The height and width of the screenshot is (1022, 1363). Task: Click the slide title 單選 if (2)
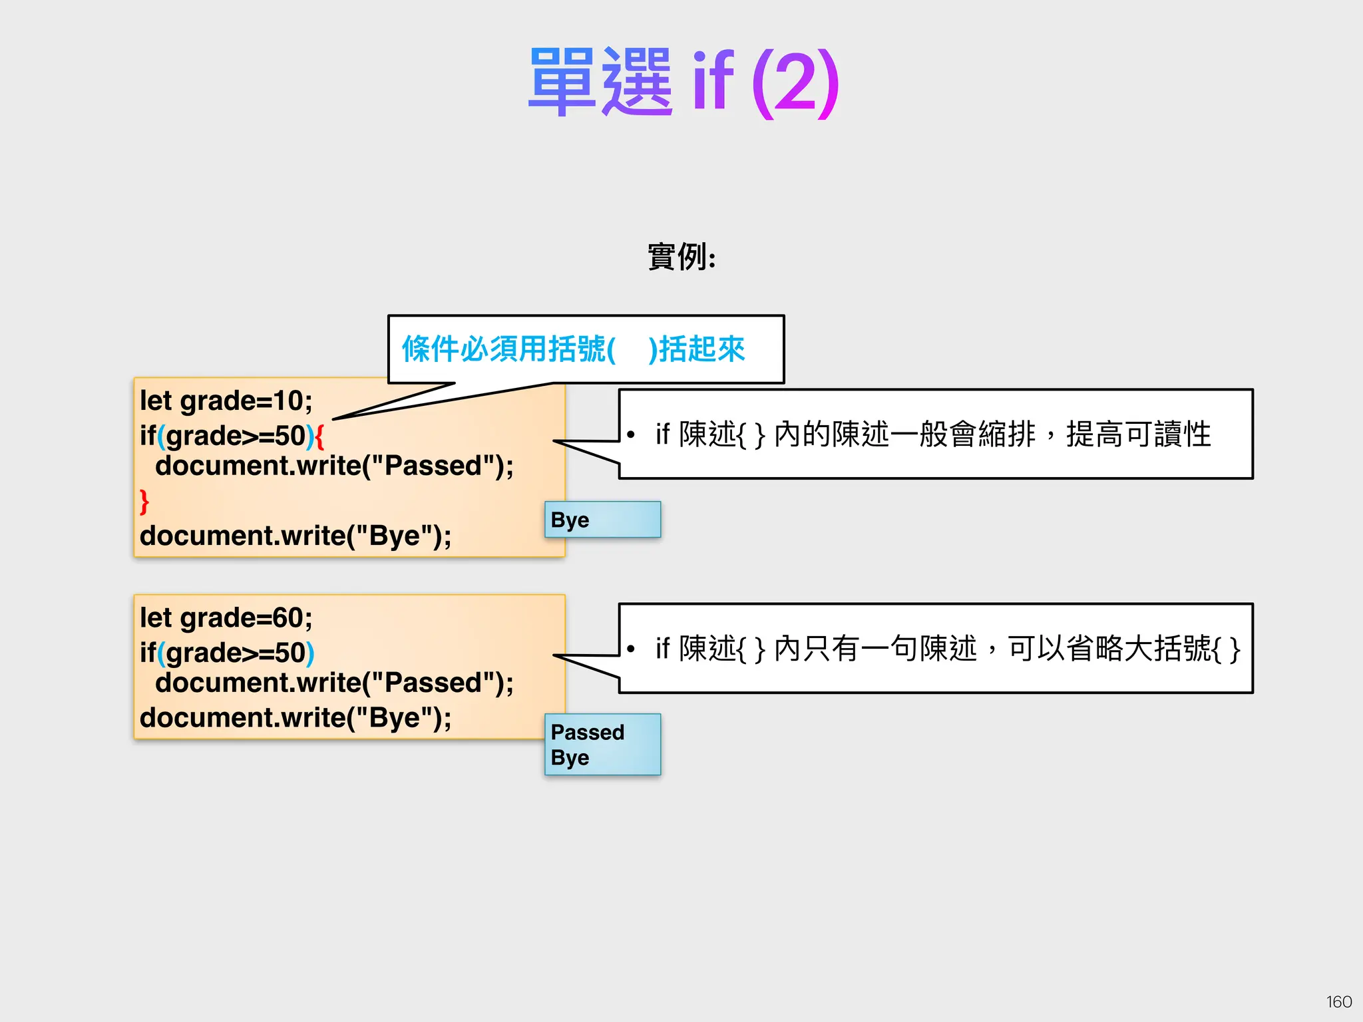tap(683, 83)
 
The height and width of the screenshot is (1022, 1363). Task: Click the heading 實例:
tap(681, 257)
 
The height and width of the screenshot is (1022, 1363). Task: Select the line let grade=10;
tap(226, 401)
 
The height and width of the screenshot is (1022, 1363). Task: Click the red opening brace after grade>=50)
tap(319, 436)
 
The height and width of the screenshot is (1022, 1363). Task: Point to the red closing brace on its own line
tap(144, 501)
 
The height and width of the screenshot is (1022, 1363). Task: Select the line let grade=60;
tap(226, 618)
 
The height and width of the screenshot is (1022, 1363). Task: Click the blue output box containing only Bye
tap(602, 520)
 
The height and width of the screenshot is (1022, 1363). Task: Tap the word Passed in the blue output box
tap(588, 733)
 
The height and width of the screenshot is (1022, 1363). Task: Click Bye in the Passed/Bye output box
tap(570, 758)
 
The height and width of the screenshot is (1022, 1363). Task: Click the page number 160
tap(1338, 1001)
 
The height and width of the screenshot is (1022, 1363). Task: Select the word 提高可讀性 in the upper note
tap(1138, 435)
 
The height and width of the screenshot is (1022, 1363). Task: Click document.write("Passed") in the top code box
tap(334, 466)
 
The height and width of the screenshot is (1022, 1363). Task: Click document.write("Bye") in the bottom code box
tap(295, 717)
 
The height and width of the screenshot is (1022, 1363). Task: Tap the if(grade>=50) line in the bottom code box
tap(227, 653)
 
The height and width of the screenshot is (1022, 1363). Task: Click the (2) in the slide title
tap(795, 83)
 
